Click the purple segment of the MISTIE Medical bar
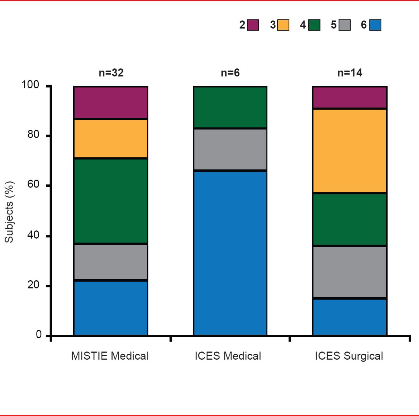point(111,102)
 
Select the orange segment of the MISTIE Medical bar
point(111,139)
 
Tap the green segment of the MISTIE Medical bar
point(111,201)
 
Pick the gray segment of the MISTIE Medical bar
point(111,262)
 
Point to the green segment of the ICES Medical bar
point(230,107)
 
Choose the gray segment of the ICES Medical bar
point(230,149)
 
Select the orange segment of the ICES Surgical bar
point(350,151)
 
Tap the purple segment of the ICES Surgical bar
point(350,97)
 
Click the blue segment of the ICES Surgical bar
point(350,317)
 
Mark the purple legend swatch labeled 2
point(253,25)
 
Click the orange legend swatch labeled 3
point(283,25)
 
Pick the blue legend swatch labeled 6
point(375,25)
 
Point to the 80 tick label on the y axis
point(33,135)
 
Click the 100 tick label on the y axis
point(30,85)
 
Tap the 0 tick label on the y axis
point(39,335)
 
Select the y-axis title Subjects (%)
point(9,212)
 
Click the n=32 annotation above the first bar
point(111,73)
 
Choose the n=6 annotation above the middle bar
point(230,73)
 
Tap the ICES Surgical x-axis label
point(349,356)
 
